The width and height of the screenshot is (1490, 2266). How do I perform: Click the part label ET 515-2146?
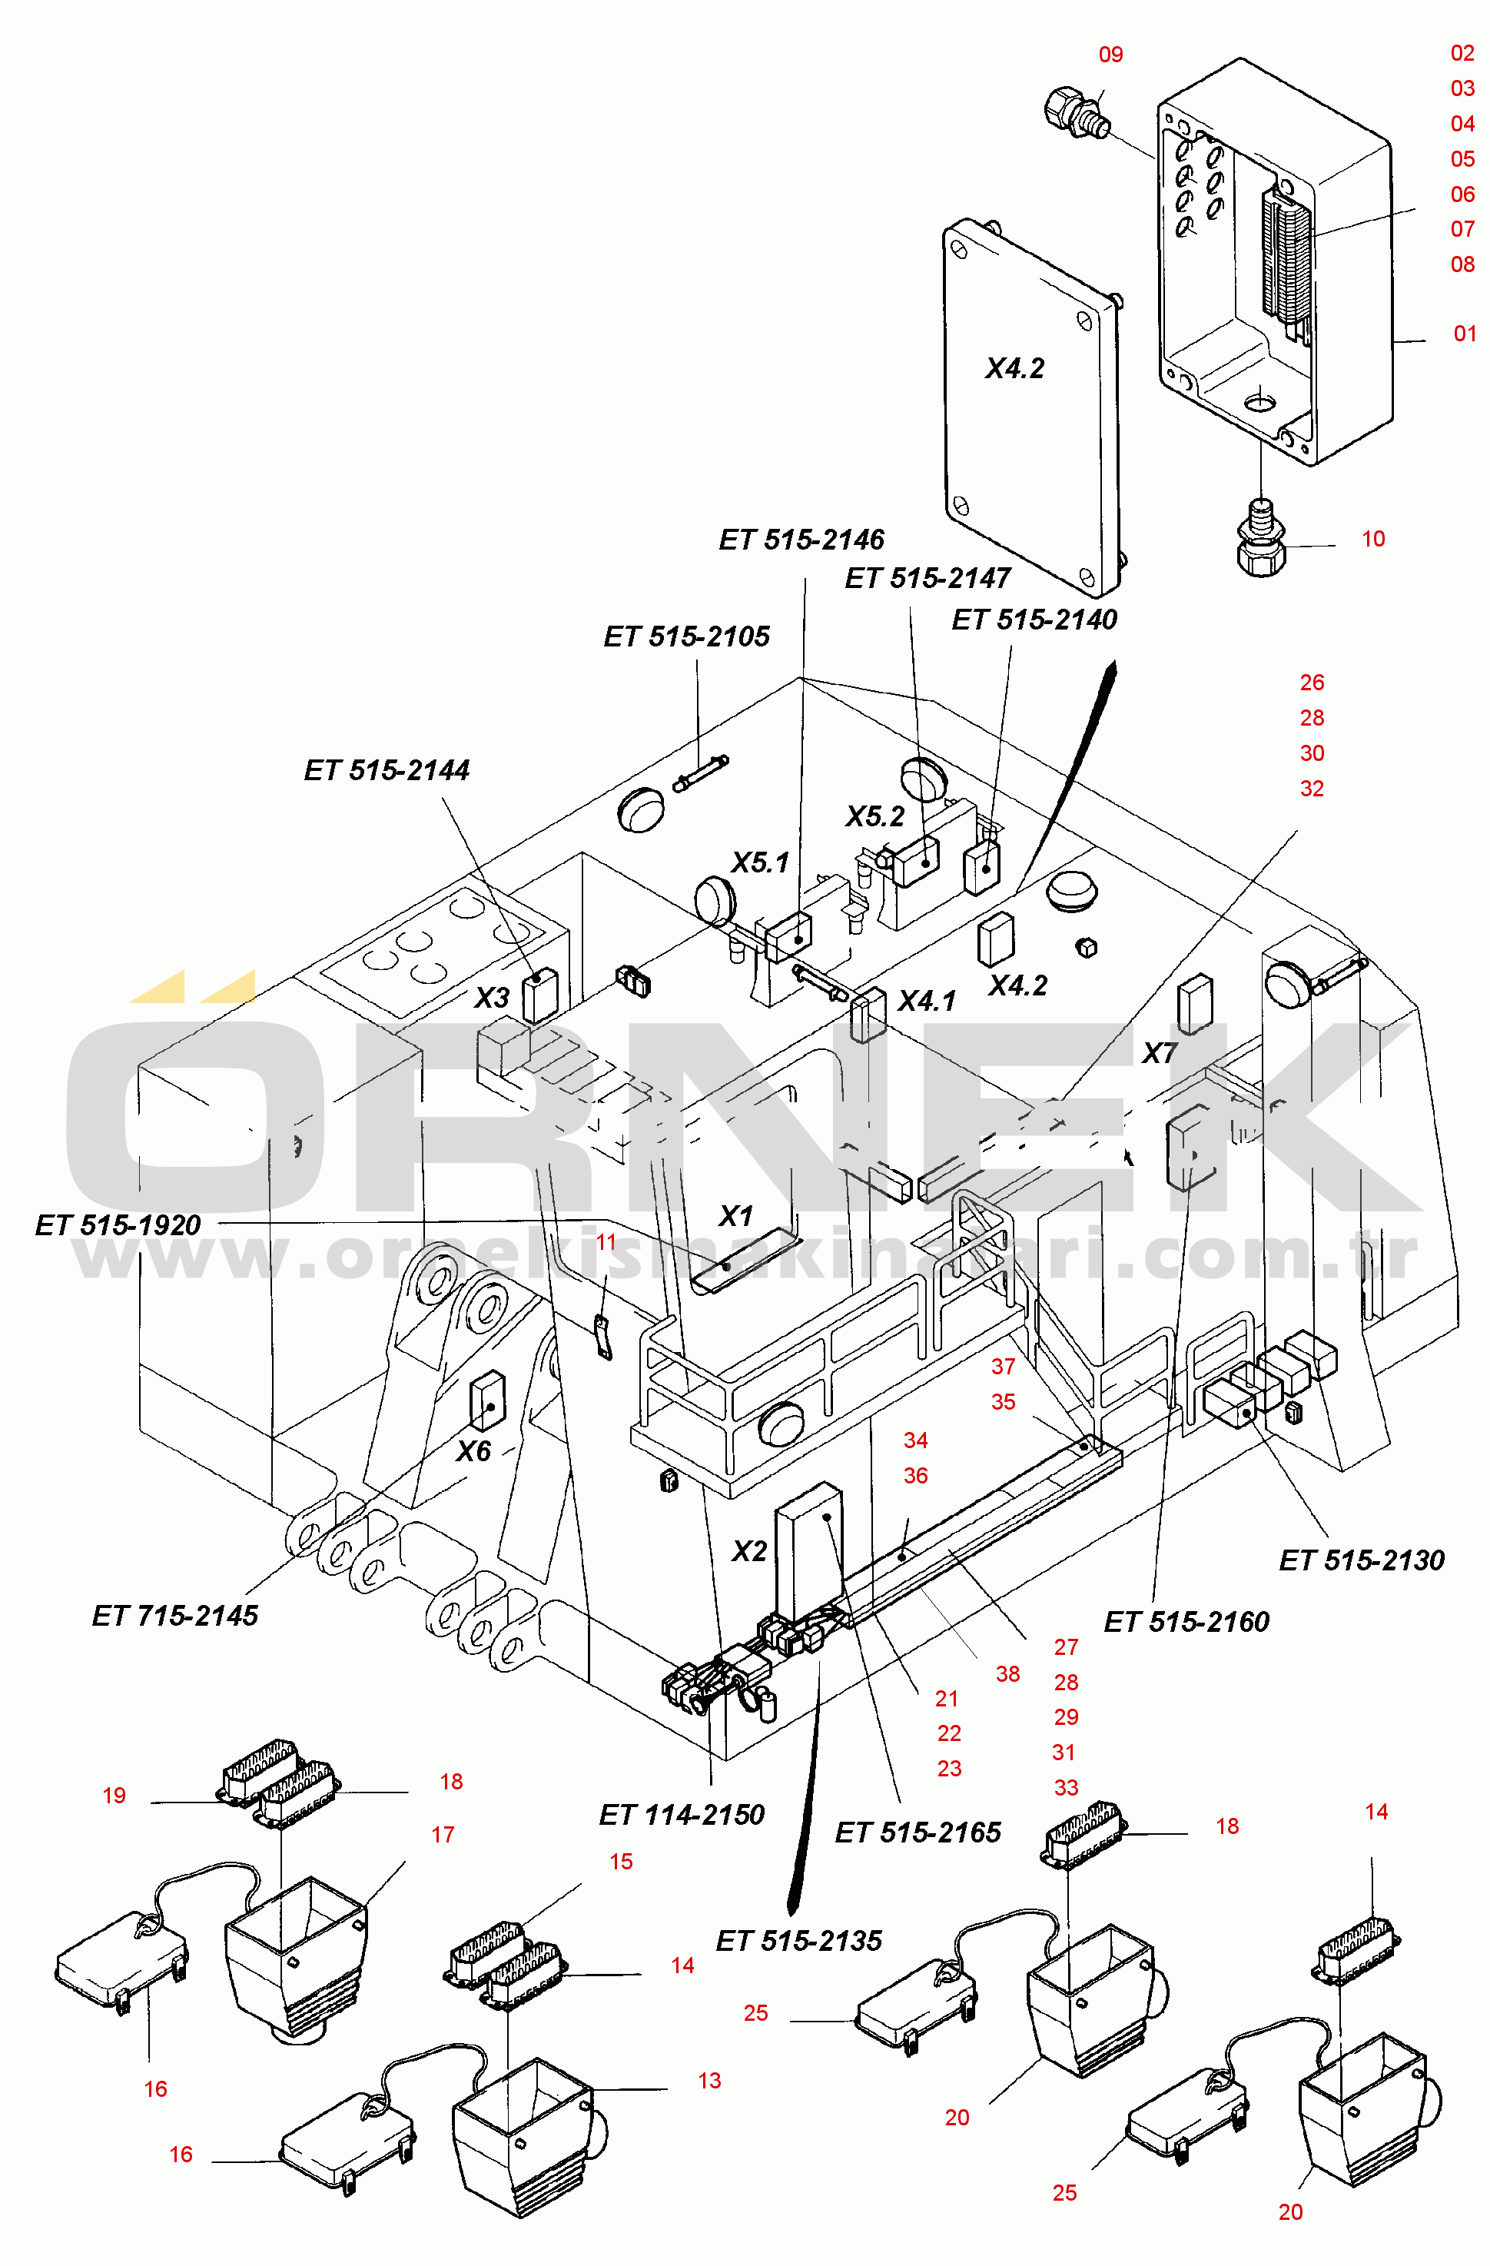801,540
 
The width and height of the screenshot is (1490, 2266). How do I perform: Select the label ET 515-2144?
387,770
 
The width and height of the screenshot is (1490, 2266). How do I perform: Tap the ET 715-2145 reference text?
175,1616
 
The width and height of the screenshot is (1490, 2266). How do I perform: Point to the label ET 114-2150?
682,1815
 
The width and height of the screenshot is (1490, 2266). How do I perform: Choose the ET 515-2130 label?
1362,1560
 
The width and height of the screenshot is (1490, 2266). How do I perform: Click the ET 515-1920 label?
118,1225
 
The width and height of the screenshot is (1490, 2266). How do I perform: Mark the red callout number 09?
1111,55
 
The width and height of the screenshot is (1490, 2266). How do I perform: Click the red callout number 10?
1373,539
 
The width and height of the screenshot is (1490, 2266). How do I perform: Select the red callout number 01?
1465,334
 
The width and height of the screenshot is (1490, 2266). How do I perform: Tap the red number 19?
114,1796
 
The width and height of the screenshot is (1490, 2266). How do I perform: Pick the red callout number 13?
709,2082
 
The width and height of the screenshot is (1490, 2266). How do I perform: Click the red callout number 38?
1007,1674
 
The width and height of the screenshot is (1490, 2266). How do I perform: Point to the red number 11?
606,1242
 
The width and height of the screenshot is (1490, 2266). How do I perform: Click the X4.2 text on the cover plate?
1015,368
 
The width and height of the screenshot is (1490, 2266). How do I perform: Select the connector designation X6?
473,1451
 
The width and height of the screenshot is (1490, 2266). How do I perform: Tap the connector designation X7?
1160,1053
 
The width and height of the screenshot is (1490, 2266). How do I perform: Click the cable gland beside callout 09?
1078,112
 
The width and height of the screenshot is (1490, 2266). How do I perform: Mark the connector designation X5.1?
760,862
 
